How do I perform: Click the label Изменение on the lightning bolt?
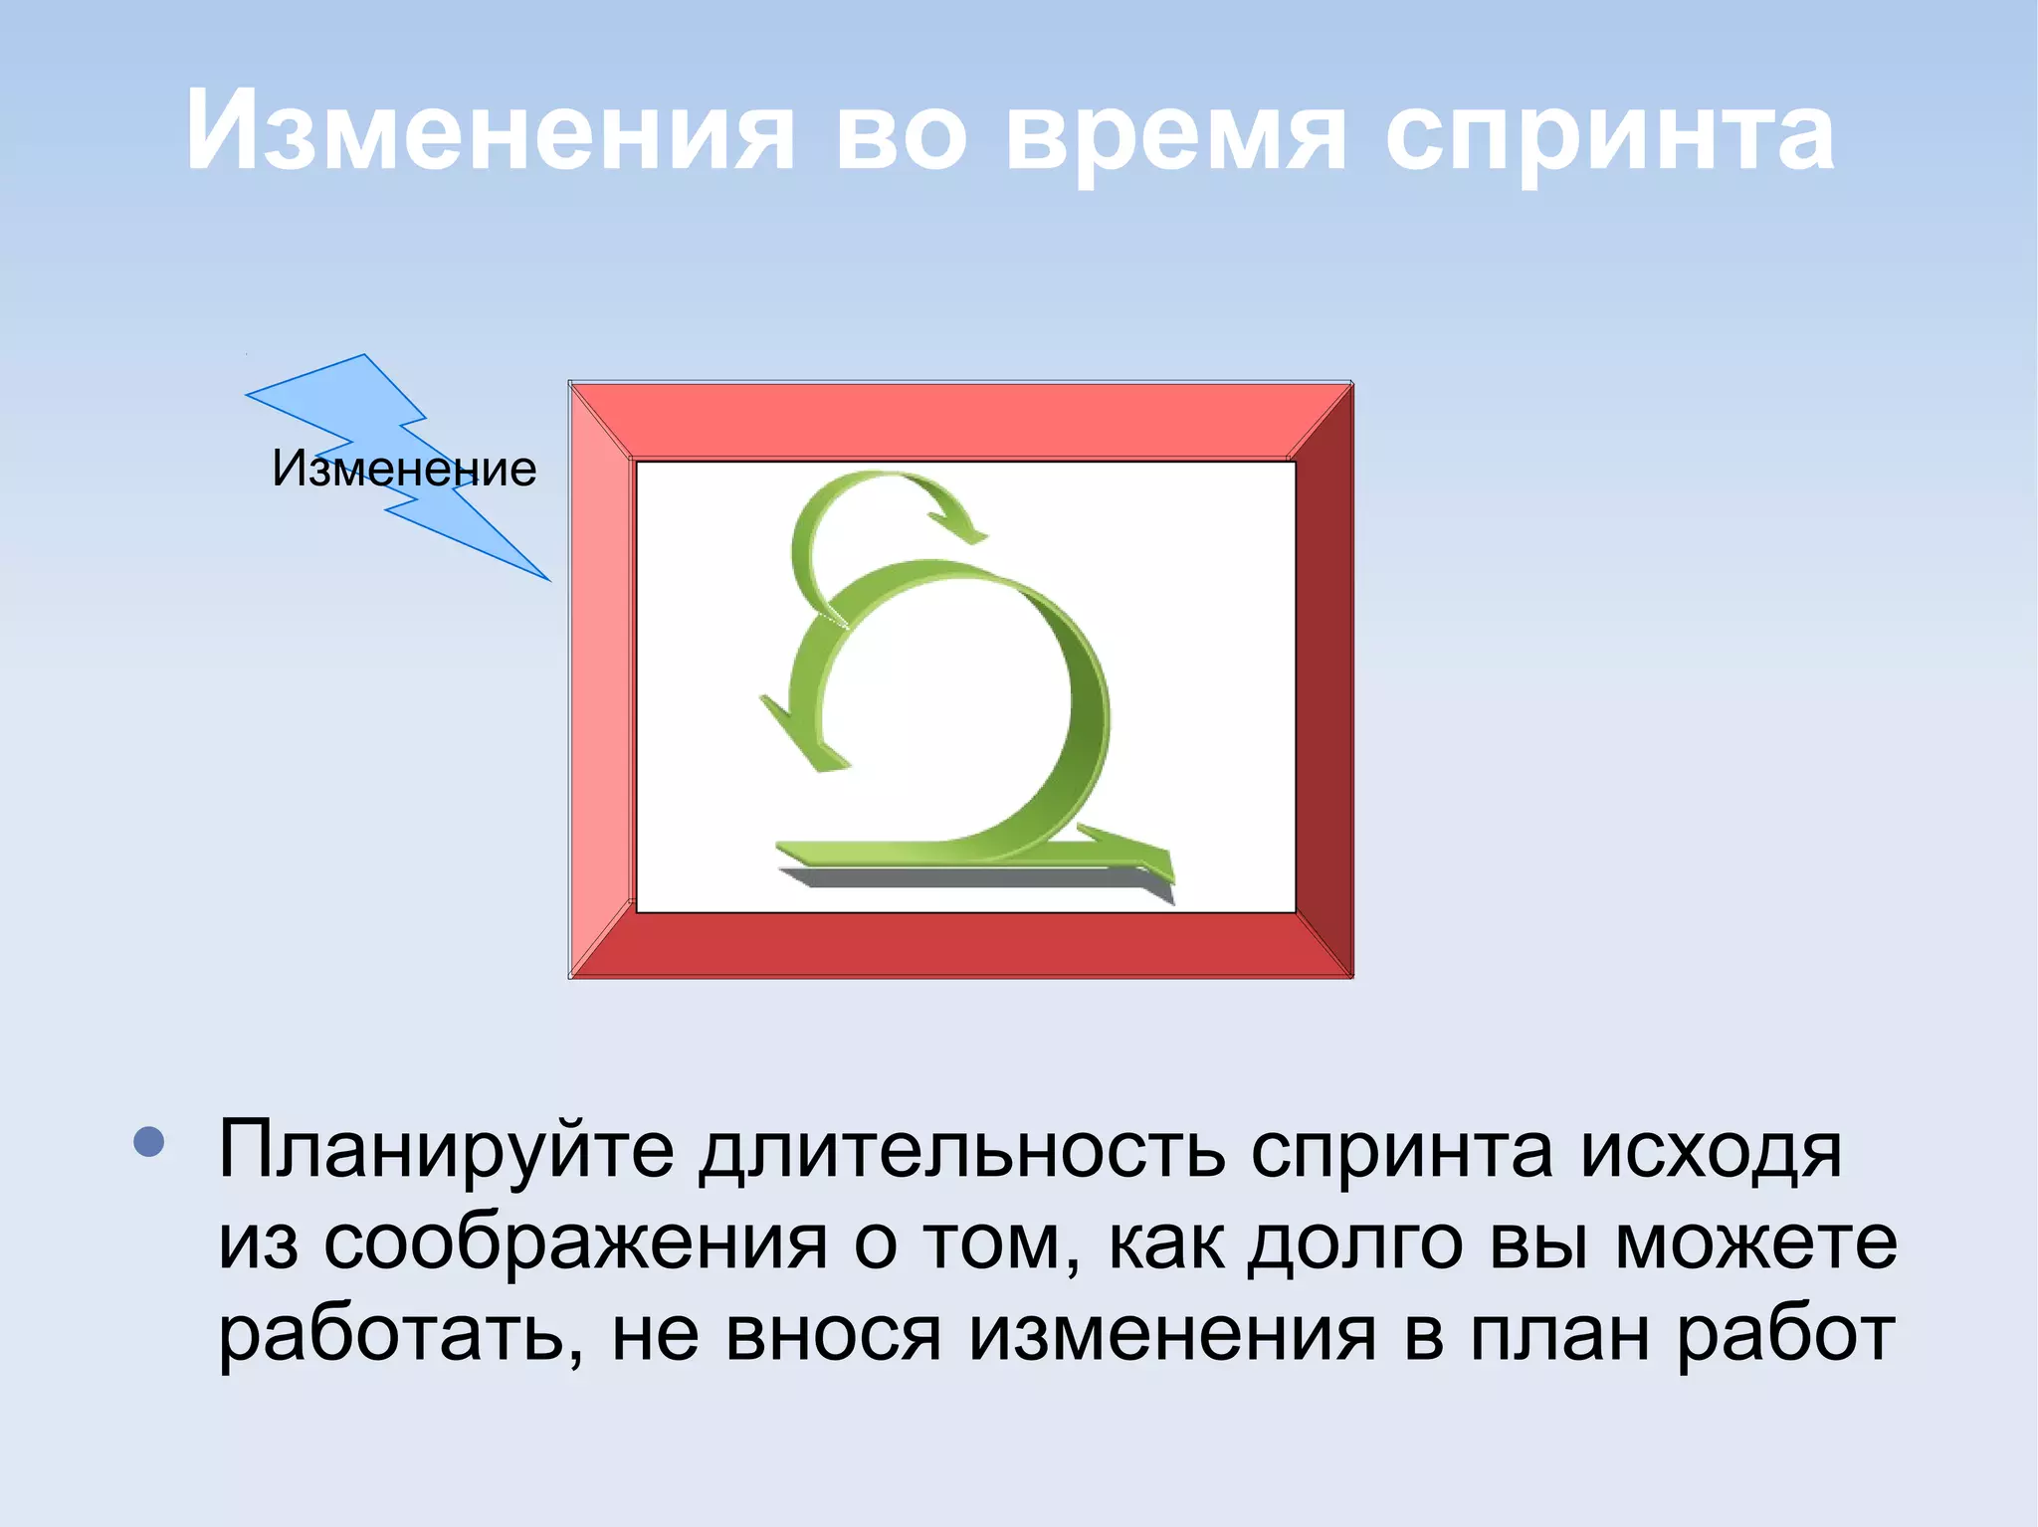404,469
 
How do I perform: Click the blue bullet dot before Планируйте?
149,1142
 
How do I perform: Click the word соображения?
574,1243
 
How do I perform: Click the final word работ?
1785,1335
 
